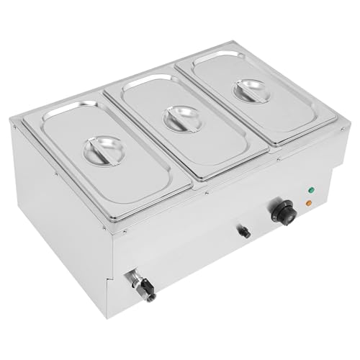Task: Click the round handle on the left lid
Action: pyautogui.click(x=104, y=150)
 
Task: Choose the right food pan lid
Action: pyautogui.click(x=259, y=101)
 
